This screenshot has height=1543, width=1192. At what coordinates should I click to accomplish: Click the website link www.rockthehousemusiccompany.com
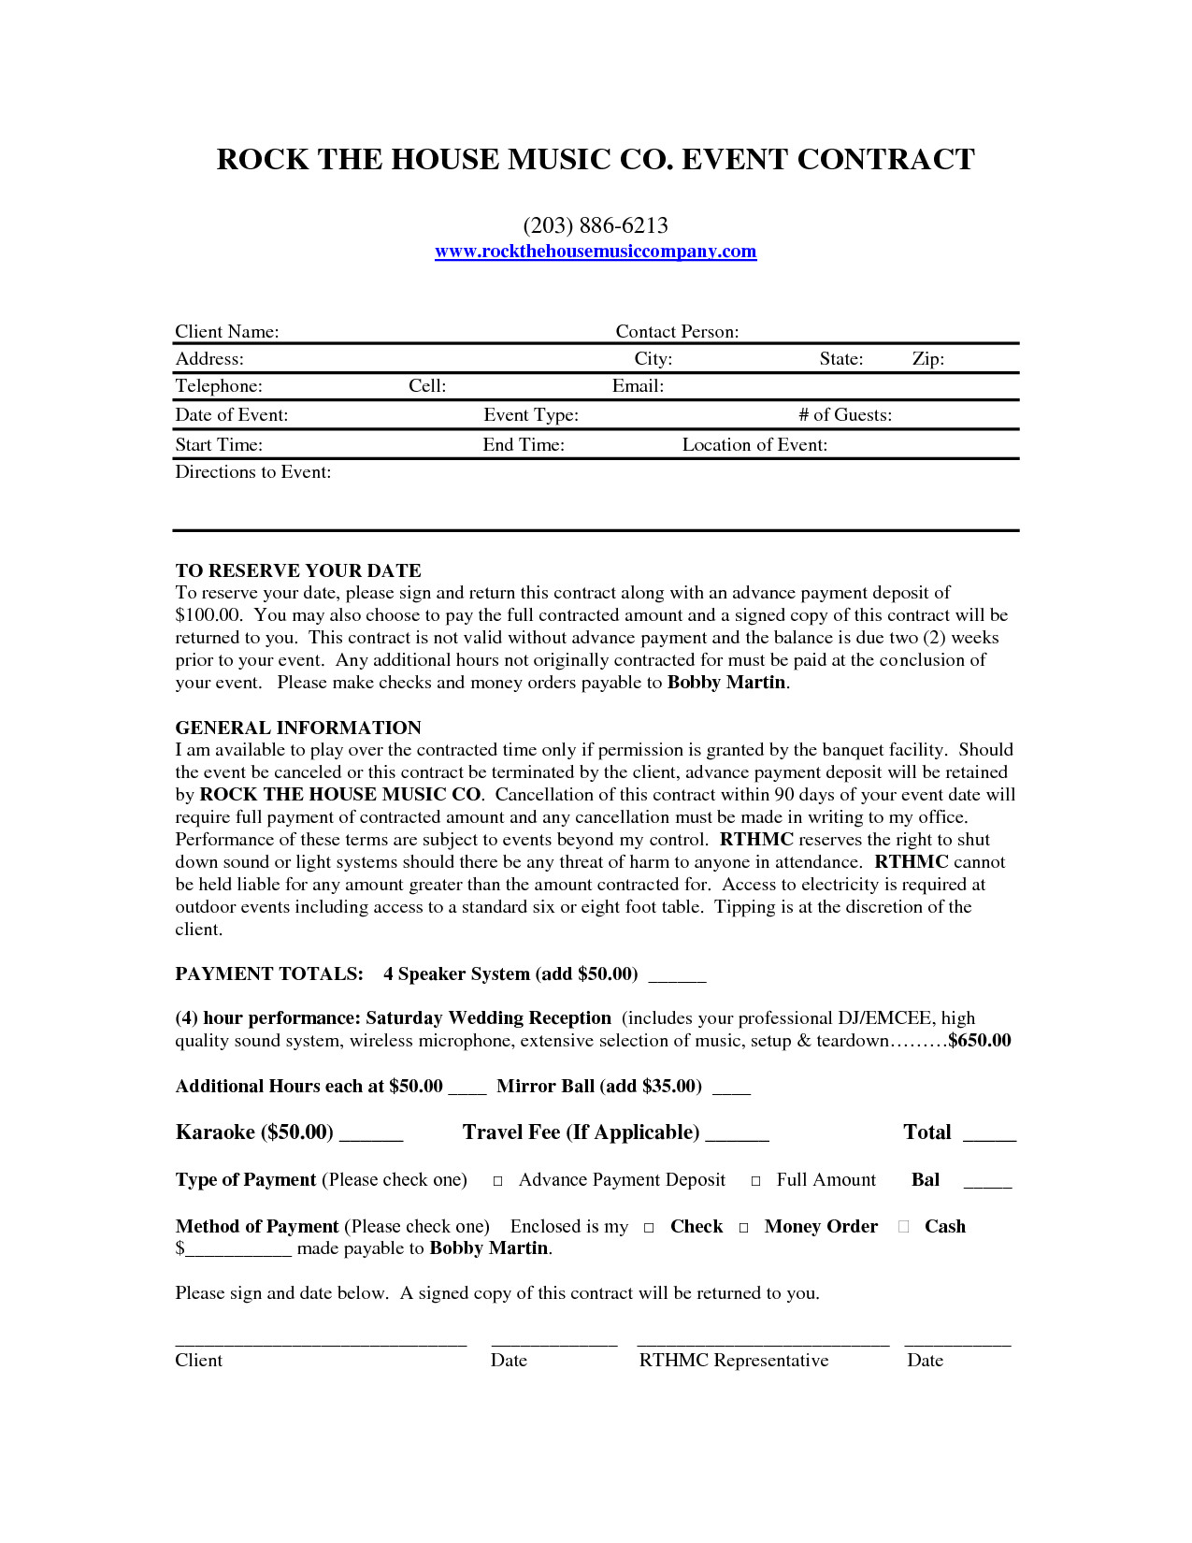point(596,252)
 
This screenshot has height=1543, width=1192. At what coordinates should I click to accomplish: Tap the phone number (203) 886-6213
point(596,225)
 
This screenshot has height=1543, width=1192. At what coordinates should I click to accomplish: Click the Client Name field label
point(227,332)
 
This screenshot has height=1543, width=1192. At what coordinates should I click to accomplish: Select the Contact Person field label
point(677,332)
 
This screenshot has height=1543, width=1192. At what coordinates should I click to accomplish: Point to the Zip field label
point(928,359)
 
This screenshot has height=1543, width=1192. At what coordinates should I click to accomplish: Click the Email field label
point(638,386)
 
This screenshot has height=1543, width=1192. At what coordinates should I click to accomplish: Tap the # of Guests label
point(845,415)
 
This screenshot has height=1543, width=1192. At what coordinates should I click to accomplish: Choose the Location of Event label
point(754,445)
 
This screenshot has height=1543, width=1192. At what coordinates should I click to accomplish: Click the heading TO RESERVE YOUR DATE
point(298,570)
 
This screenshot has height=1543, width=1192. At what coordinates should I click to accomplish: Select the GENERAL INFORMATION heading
point(298,728)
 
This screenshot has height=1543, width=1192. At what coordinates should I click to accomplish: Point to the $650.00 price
point(980,1041)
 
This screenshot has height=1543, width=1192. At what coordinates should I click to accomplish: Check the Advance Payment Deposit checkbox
point(498,1181)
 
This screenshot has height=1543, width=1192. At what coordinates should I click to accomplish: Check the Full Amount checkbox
point(756,1181)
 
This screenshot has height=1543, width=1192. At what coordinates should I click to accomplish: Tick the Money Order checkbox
point(744,1228)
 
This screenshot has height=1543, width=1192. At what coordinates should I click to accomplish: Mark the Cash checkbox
point(903,1227)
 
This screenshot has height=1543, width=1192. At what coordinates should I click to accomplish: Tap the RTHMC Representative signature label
point(734,1361)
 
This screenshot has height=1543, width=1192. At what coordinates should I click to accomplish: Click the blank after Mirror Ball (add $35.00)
point(731,1091)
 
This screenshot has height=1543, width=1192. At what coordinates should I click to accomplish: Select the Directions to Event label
point(253,472)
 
